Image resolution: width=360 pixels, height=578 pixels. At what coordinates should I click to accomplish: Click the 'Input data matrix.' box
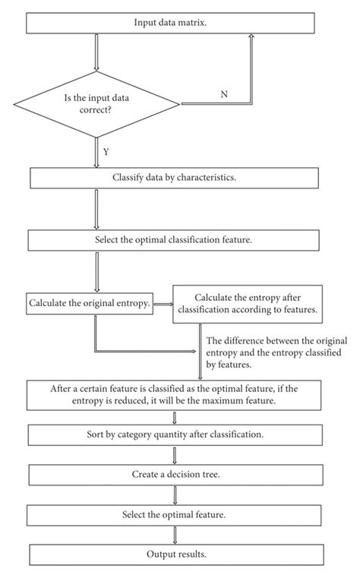pos(170,23)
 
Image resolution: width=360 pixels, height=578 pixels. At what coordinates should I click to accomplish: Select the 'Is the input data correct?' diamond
pos(96,104)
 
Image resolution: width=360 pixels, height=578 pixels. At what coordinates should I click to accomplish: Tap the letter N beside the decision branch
pos(224,94)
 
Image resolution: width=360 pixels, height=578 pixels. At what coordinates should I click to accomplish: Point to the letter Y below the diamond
pos(106,152)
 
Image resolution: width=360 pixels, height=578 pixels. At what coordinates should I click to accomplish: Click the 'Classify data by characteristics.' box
pos(174,178)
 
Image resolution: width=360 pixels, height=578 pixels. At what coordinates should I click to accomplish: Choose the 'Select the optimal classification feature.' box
pos(174,240)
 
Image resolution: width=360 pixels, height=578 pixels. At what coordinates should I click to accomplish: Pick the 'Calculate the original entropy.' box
pos(90,303)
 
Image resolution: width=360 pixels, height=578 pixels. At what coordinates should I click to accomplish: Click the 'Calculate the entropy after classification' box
pos(248,304)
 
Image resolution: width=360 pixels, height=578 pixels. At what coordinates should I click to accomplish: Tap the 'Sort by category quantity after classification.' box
pos(175,435)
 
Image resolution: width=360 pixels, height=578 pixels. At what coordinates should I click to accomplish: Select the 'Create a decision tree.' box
pos(175,475)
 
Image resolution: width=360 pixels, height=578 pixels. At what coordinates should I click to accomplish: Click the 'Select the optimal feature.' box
pos(174,515)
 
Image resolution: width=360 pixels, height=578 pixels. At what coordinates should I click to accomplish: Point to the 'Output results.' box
pos(176,554)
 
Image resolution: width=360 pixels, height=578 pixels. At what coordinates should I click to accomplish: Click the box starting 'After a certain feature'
pos(174,395)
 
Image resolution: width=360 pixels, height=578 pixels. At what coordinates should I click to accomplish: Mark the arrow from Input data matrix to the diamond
pos(96,52)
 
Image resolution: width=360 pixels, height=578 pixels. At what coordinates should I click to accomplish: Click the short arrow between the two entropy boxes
pos(163,304)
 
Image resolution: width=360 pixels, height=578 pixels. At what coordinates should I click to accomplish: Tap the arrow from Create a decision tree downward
pos(175,495)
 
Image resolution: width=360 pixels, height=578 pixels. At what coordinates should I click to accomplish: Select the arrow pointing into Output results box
pos(175,535)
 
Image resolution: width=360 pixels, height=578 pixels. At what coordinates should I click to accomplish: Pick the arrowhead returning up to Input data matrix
pos(251,36)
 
